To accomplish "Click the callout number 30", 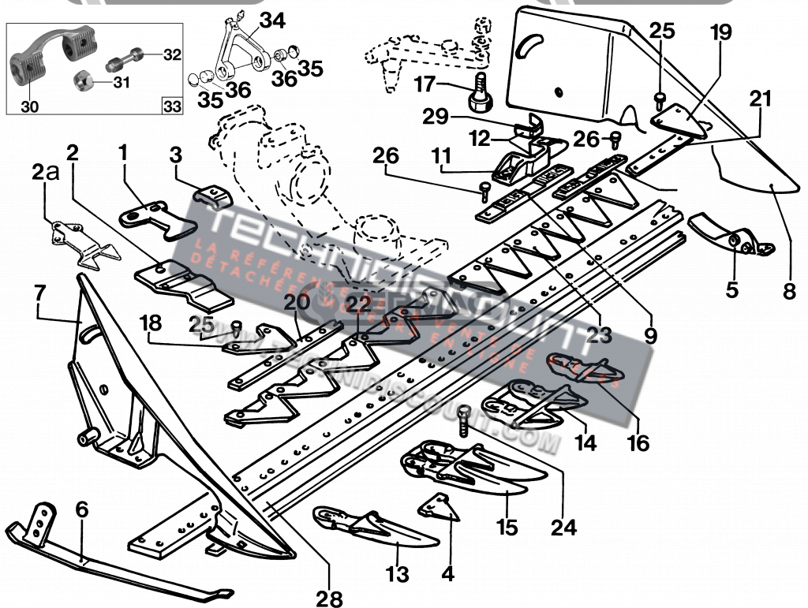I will pos(28,106).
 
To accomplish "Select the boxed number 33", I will pos(170,106).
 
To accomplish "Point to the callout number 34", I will pos(271,21).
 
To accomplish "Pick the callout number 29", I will pos(436,117).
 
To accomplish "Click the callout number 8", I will pos(789,290).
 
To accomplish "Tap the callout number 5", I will pos(732,289).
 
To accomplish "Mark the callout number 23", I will pos(599,334).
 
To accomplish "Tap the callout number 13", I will pos(398,573).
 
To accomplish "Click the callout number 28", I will pos(329,599).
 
